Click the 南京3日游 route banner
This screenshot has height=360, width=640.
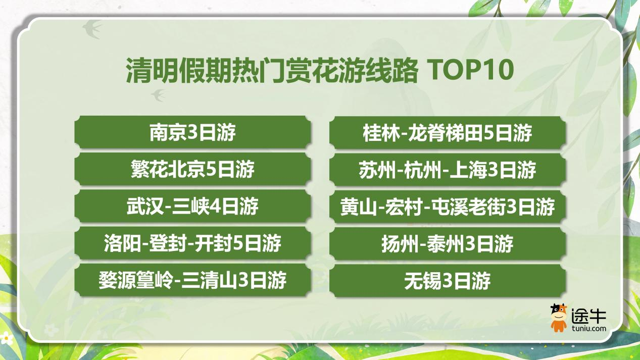(x=192, y=133)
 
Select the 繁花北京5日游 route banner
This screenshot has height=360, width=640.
(x=192, y=170)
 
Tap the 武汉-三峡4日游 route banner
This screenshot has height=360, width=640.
(x=192, y=207)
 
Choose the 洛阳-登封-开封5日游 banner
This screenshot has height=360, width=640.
(x=192, y=243)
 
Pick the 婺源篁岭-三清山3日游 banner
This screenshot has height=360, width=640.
(x=192, y=280)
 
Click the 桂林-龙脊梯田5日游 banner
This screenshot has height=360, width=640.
(x=448, y=133)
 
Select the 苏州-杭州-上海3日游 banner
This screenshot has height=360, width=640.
(x=448, y=170)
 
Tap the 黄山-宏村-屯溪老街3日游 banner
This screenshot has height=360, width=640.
(x=448, y=207)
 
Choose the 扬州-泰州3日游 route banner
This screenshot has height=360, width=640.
(x=448, y=244)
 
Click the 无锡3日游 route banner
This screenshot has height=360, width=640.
(x=448, y=281)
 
